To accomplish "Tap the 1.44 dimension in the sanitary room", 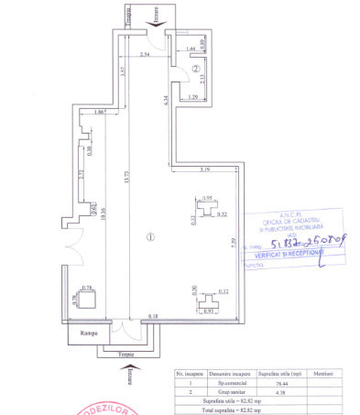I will pos(190,48).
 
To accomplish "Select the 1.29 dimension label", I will pos(192,95).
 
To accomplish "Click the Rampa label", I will pos(88,333).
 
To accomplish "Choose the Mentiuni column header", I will pos(321,374).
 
